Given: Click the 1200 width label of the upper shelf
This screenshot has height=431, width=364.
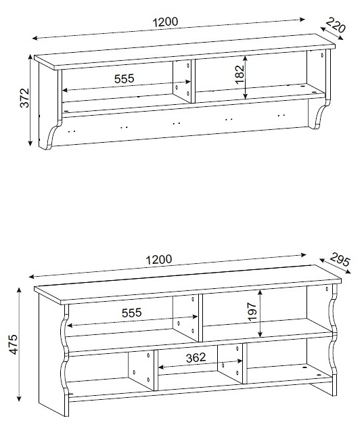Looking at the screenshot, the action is tap(165, 22).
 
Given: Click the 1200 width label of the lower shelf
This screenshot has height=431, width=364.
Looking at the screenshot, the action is tap(159, 259).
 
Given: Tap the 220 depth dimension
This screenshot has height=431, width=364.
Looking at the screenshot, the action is tap(336, 25).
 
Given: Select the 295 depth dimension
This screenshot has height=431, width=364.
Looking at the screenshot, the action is tap(340, 260).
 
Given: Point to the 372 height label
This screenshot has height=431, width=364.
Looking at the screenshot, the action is tap(25, 97).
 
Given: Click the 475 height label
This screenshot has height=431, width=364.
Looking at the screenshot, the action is tap(13, 344).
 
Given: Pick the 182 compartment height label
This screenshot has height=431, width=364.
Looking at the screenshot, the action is tap(240, 74).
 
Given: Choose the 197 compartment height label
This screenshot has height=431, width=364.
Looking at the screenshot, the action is tap(252, 312).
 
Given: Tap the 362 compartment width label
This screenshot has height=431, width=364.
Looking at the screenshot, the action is tap(196, 358).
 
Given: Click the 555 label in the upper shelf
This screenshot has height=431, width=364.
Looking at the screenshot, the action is tap(124, 78).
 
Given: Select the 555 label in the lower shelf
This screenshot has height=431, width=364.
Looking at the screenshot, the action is tap(132, 313).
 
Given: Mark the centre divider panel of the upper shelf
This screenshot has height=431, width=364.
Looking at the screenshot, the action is tap(182, 81).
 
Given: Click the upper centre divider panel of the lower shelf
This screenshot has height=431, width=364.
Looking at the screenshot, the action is tap(185, 318).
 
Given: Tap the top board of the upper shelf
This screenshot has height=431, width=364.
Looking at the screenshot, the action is tap(185, 51).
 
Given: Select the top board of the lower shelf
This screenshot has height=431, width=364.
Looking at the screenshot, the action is tap(188, 285).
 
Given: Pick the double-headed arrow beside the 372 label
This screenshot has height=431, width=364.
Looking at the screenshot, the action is tap(30, 100).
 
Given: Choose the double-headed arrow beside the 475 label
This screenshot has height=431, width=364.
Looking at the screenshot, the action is tap(19, 344).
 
